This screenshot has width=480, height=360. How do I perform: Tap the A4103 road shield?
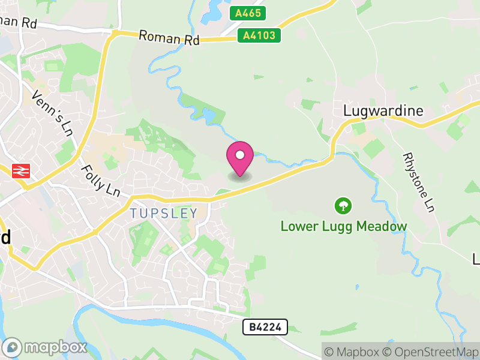point(259,35)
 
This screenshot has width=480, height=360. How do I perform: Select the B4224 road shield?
point(265,327)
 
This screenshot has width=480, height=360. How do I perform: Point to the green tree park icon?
point(343,206)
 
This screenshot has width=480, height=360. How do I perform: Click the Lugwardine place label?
point(383,111)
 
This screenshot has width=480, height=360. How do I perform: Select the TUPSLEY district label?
point(163,213)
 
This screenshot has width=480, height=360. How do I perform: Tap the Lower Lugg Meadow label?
point(344,226)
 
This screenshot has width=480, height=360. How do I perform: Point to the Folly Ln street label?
point(100,181)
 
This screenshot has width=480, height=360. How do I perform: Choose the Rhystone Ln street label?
point(418,181)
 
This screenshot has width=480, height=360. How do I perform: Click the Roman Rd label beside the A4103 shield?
point(169,37)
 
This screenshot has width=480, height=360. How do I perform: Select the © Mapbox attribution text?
point(353,352)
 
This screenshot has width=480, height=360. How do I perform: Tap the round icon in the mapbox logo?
point(13,347)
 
